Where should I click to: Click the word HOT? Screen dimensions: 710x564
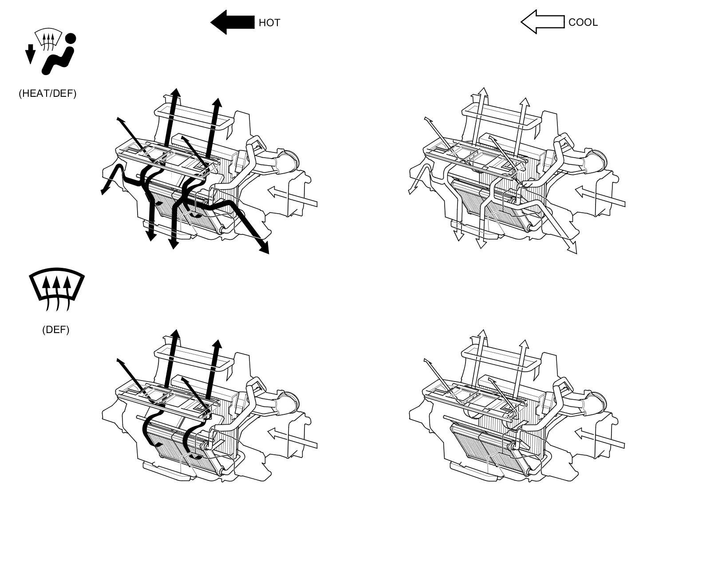point(269,23)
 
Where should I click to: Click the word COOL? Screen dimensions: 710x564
point(583,23)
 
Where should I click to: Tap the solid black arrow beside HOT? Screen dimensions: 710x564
point(233,22)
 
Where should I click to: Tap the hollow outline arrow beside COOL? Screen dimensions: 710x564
point(543,22)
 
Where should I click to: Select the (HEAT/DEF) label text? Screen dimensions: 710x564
point(47,93)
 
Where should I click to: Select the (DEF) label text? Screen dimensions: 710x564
point(56,330)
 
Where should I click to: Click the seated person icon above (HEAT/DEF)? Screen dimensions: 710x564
point(59,54)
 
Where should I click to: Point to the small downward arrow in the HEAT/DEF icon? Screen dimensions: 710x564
point(30,54)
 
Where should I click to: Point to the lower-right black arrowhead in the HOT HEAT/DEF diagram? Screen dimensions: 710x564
point(264,247)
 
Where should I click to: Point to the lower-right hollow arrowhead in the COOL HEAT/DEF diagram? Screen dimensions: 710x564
point(572,248)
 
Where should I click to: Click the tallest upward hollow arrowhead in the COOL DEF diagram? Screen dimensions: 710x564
point(483,334)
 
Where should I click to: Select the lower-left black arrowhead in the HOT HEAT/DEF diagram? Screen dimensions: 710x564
point(105,191)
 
